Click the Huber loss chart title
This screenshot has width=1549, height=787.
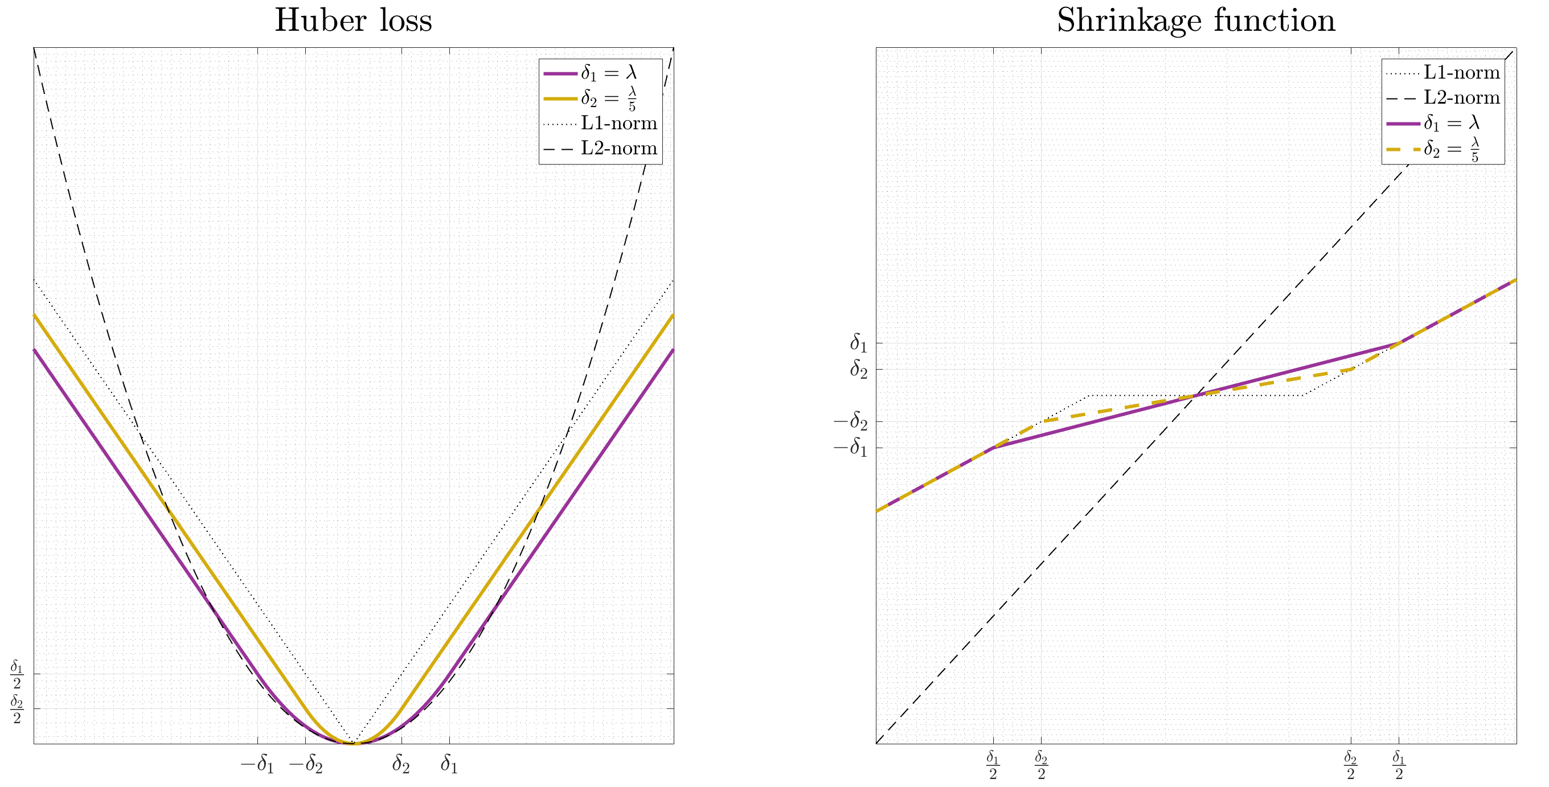click(x=353, y=21)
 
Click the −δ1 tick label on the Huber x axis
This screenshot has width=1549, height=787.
click(x=257, y=764)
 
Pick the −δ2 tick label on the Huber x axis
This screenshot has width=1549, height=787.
click(x=306, y=764)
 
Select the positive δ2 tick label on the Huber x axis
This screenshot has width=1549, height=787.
click(x=401, y=764)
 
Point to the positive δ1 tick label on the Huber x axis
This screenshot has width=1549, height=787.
click(x=449, y=764)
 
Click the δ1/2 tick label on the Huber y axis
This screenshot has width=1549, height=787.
click(x=17, y=675)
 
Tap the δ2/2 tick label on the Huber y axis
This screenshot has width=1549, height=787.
click(x=17, y=709)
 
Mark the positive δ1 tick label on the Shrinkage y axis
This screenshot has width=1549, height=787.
click(x=858, y=343)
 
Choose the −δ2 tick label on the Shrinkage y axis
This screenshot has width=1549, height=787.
click(x=850, y=422)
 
